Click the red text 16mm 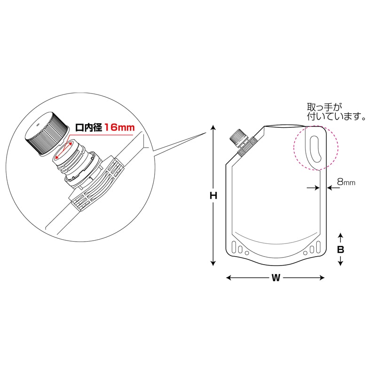[119, 127]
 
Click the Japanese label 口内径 [89, 127]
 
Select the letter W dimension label [275, 278]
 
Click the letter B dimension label [341, 250]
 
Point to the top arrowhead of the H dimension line [213, 127]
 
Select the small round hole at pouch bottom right [306, 253]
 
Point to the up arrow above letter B [341, 235]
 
